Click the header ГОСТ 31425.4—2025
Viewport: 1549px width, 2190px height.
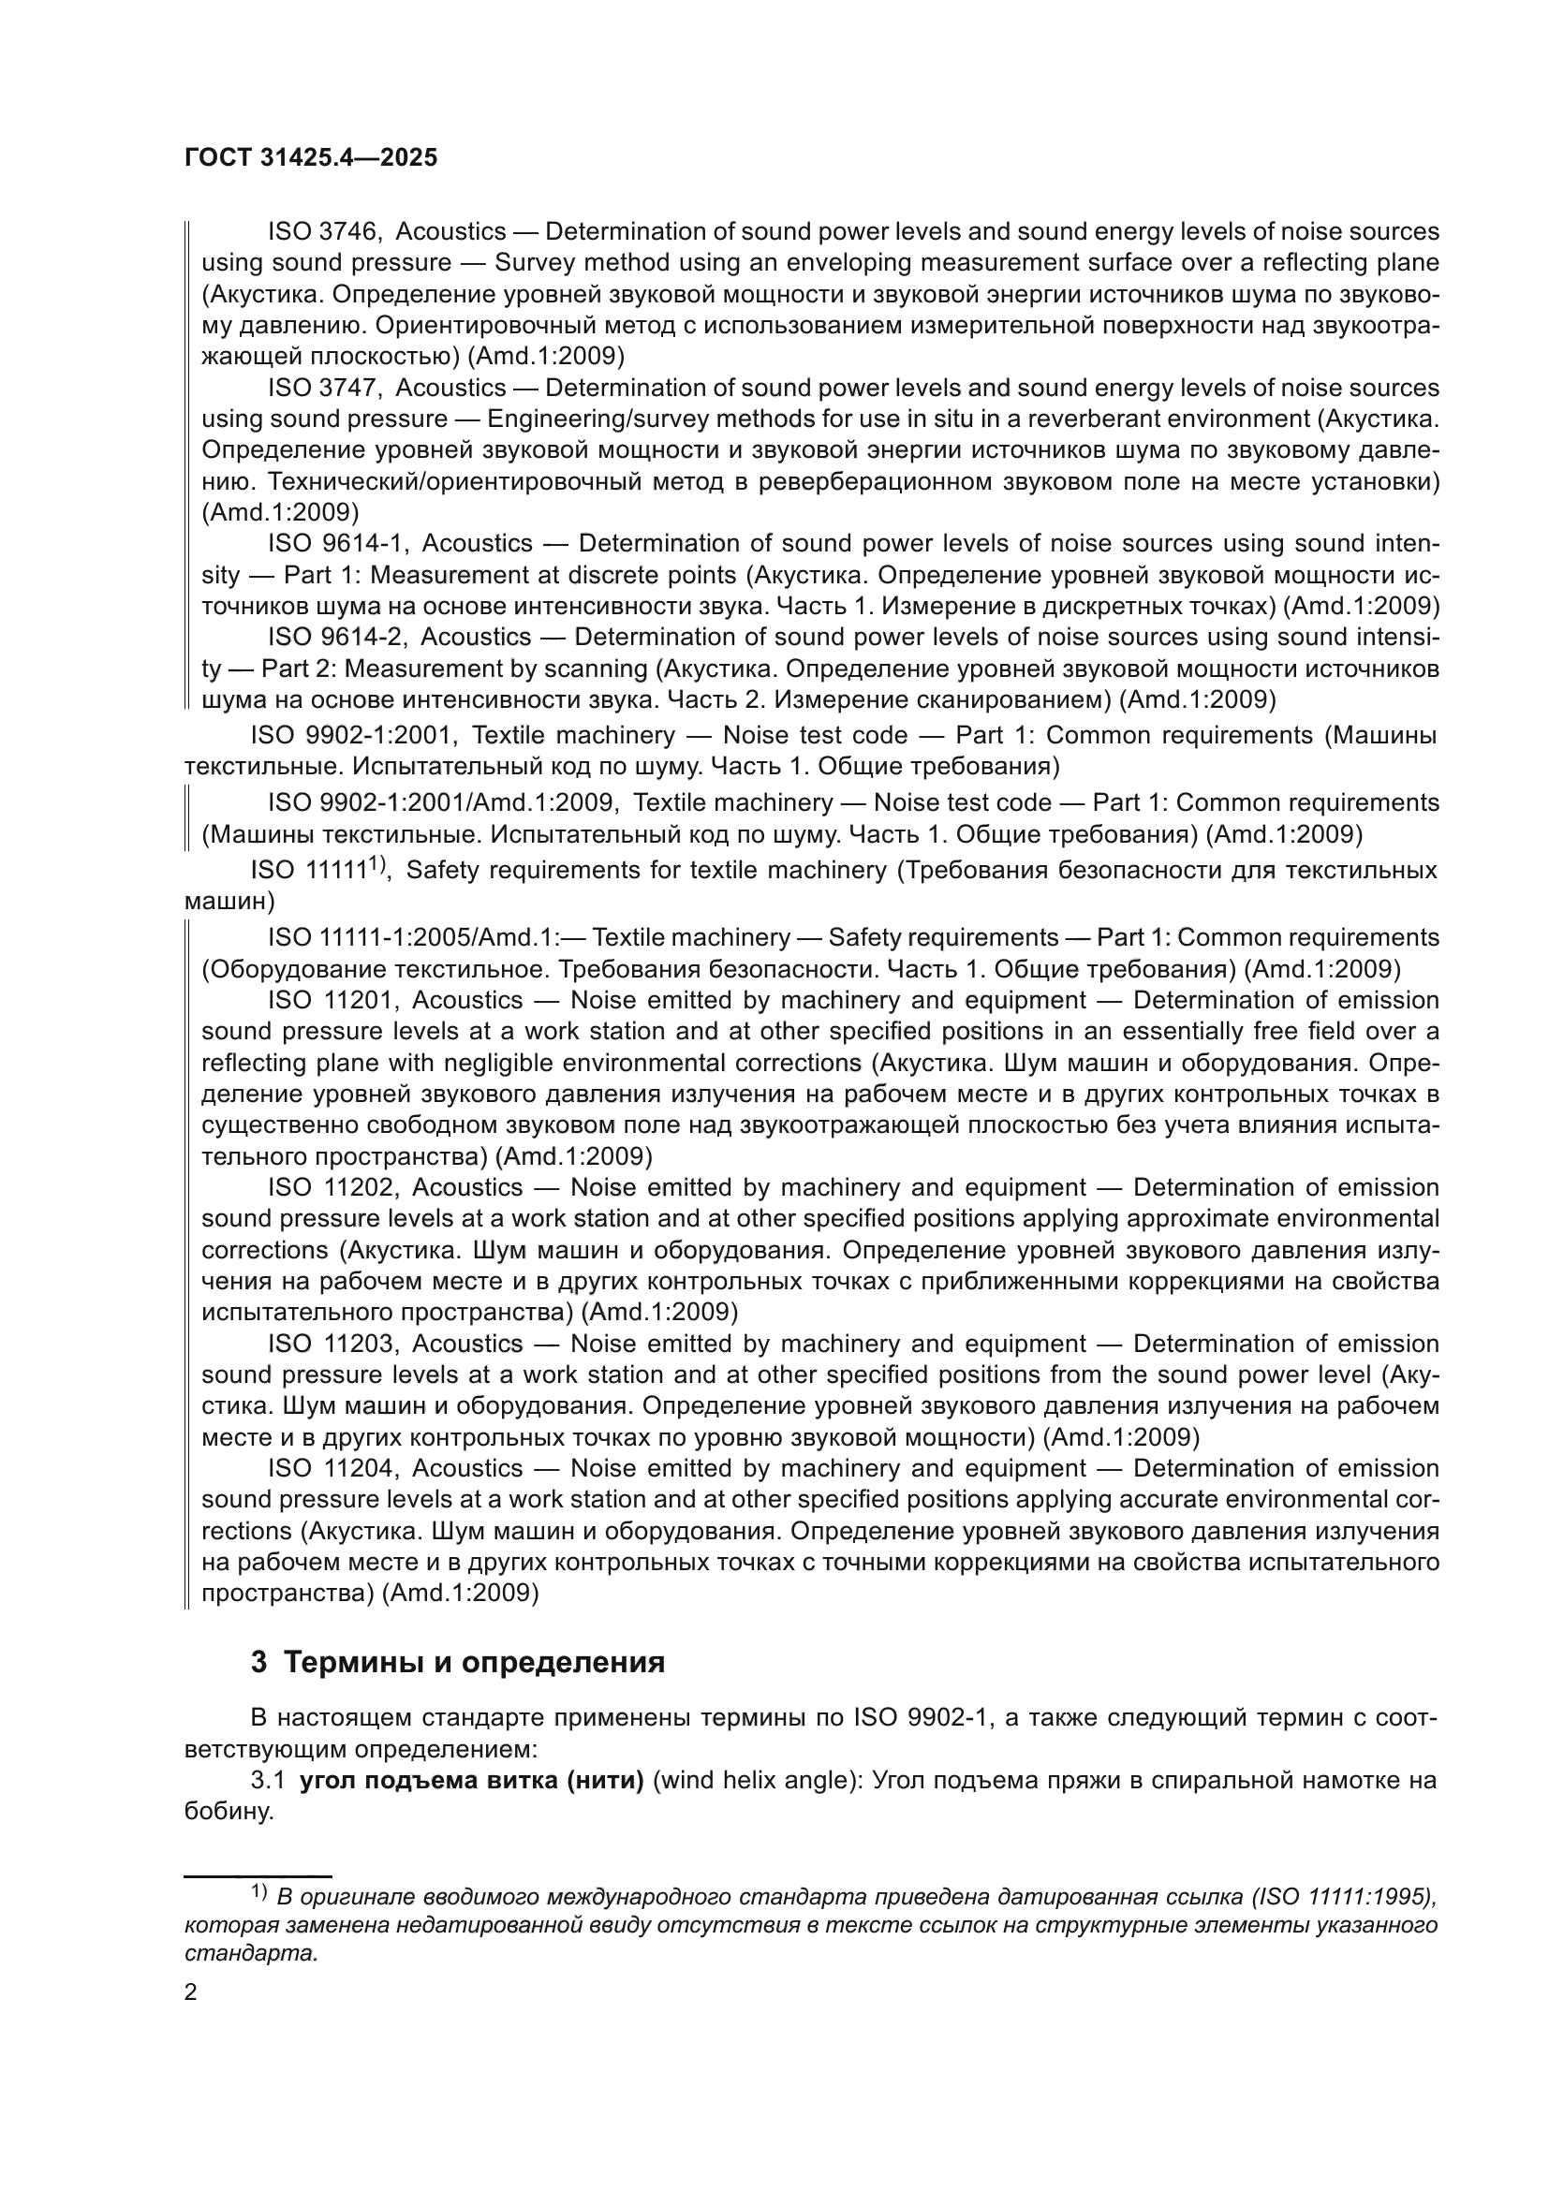pos(311,158)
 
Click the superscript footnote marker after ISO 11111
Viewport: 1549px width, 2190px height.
pos(376,864)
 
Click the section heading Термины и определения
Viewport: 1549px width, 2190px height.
pos(474,1663)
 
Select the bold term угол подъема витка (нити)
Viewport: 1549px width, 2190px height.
pos(472,1781)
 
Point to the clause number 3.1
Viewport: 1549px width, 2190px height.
pos(268,1781)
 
